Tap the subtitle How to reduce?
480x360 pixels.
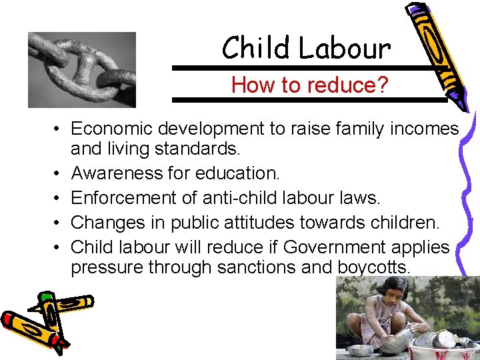(x=309, y=85)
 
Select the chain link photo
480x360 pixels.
(x=81, y=69)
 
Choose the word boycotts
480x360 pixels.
(x=375, y=267)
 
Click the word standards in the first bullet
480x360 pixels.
(x=205, y=149)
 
